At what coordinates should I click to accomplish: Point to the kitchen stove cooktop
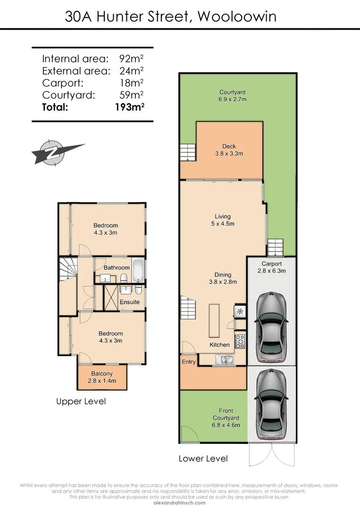[240, 341]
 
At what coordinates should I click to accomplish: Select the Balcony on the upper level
[102, 377]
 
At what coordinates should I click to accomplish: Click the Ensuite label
[129, 302]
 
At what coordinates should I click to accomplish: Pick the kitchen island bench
[215, 320]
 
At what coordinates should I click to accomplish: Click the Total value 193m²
[129, 107]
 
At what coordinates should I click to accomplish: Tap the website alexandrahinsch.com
[180, 503]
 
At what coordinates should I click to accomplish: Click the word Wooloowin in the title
[237, 17]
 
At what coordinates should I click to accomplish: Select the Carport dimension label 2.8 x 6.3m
[271, 271]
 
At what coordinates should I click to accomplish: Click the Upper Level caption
[81, 401]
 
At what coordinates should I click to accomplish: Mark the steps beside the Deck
[187, 153]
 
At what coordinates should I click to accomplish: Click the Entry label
[189, 361]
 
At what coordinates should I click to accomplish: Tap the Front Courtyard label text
[226, 414]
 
